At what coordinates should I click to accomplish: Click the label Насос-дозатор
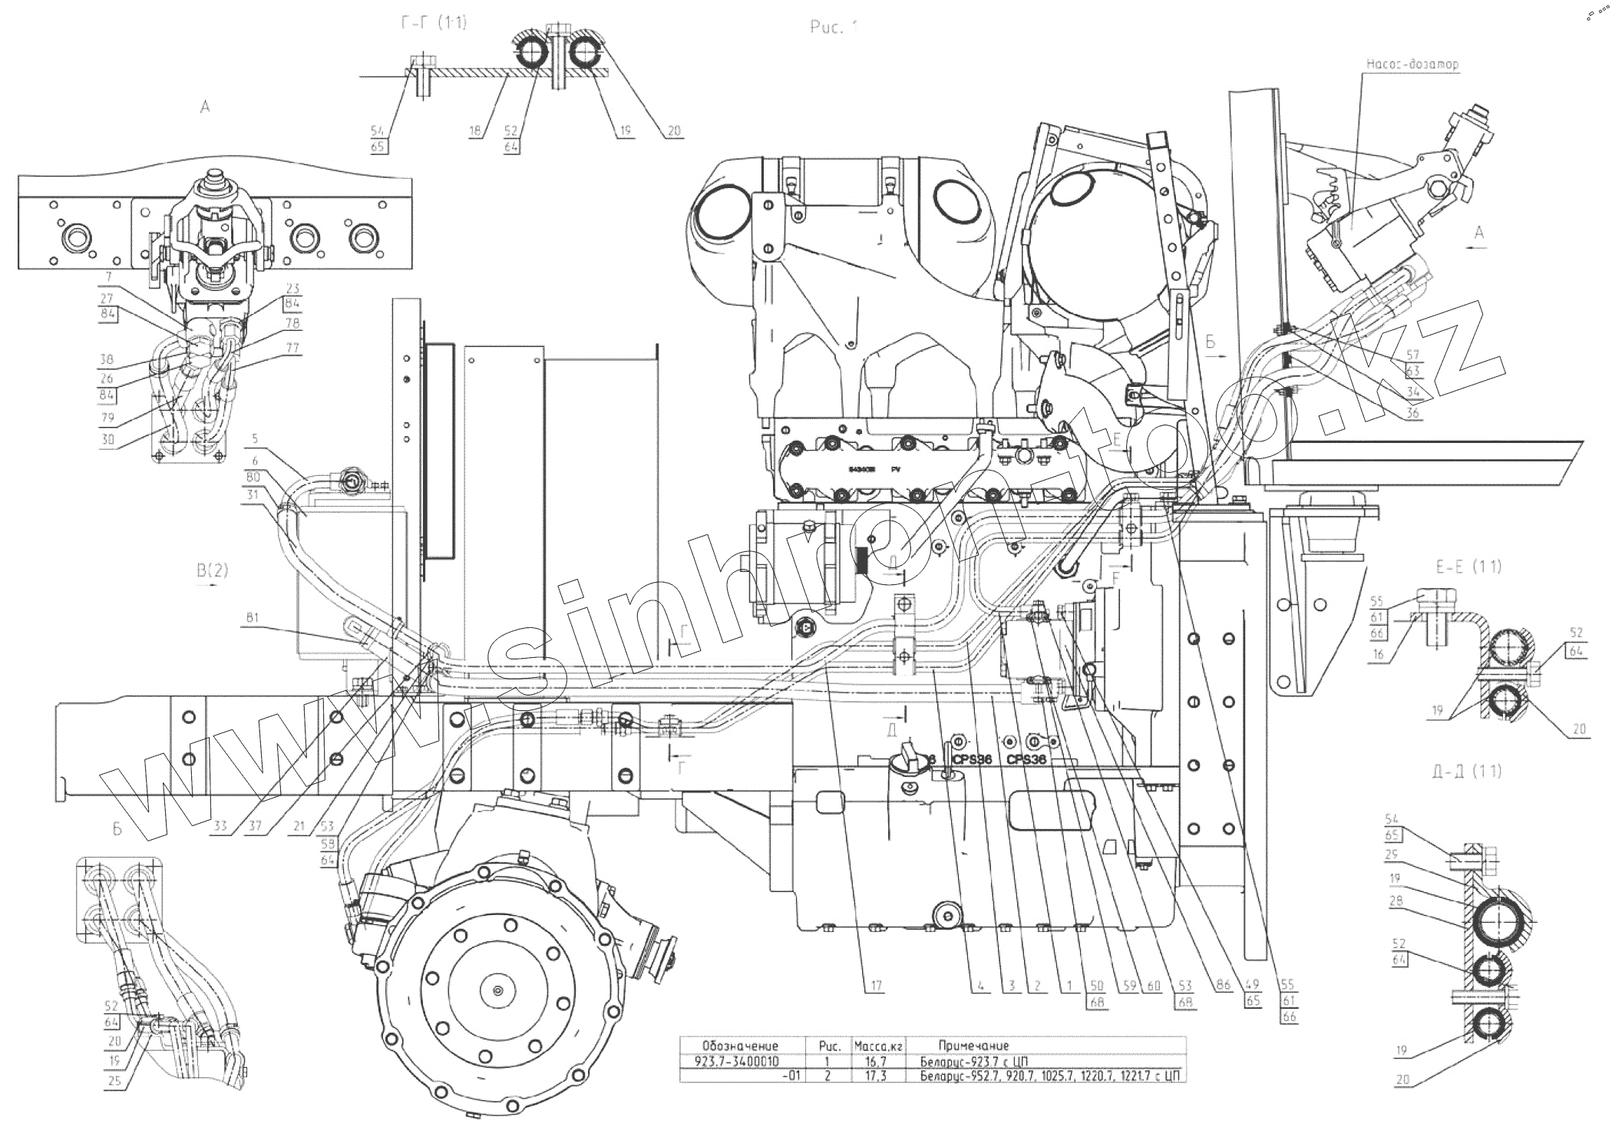pyautogui.click(x=1412, y=64)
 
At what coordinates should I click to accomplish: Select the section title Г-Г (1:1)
pyautogui.click(x=434, y=23)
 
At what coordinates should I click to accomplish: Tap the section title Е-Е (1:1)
pyautogui.click(x=1468, y=567)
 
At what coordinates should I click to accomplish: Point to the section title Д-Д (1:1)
pyautogui.click(x=1467, y=772)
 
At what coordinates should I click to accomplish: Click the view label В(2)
pyautogui.click(x=213, y=570)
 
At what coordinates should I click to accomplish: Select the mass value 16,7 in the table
pyautogui.click(x=877, y=1062)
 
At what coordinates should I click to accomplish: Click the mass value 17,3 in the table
pyautogui.click(x=877, y=1076)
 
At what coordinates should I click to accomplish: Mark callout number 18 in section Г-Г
pyautogui.click(x=476, y=131)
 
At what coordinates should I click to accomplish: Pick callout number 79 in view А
pyautogui.click(x=107, y=418)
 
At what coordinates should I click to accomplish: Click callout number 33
pyautogui.click(x=221, y=827)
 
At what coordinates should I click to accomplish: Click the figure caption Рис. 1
pyautogui.click(x=833, y=28)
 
